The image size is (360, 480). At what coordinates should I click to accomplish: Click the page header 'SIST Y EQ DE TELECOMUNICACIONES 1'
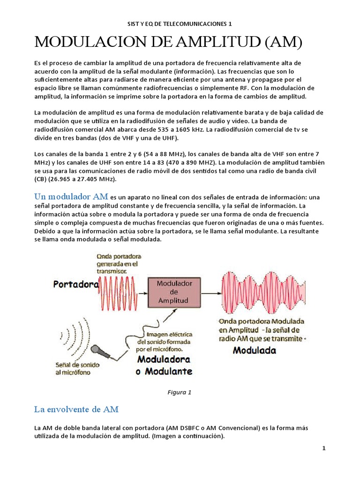pyautogui.click(x=180, y=23)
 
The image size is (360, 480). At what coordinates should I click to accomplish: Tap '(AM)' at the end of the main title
pyautogui.click(x=283, y=43)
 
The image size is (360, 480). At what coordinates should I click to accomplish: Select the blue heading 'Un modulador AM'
pyautogui.click(x=71, y=196)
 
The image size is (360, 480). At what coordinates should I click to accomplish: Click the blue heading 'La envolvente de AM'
pyautogui.click(x=76, y=409)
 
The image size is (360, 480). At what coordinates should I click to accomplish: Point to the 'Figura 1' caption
pyautogui.click(x=180, y=392)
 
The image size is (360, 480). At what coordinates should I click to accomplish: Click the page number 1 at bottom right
pyautogui.click(x=323, y=449)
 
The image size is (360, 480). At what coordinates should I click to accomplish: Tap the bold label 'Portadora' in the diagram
pyautogui.click(x=75, y=284)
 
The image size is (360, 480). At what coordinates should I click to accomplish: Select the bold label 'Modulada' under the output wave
pyautogui.click(x=255, y=350)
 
